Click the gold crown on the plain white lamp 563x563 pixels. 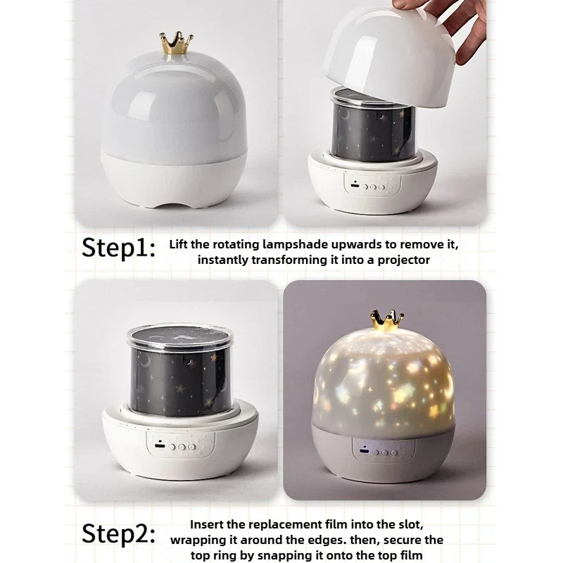tap(176, 43)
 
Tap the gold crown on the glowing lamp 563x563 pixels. tap(387, 320)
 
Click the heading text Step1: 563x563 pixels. tap(119, 248)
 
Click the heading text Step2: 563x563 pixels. tap(119, 534)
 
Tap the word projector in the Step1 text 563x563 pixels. tap(403, 260)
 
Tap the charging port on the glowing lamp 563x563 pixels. tap(365, 450)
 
